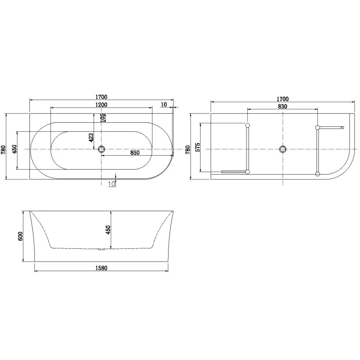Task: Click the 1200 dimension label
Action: tap(101, 105)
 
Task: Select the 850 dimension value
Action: tap(135, 153)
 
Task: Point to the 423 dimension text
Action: tap(91, 138)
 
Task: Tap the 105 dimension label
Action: tap(103, 117)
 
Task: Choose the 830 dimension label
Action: tap(283, 107)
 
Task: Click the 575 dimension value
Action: tap(198, 147)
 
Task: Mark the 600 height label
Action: tap(20, 236)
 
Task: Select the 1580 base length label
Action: tap(101, 268)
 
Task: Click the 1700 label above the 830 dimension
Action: tap(283, 99)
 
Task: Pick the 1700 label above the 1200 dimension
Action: tap(101, 97)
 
